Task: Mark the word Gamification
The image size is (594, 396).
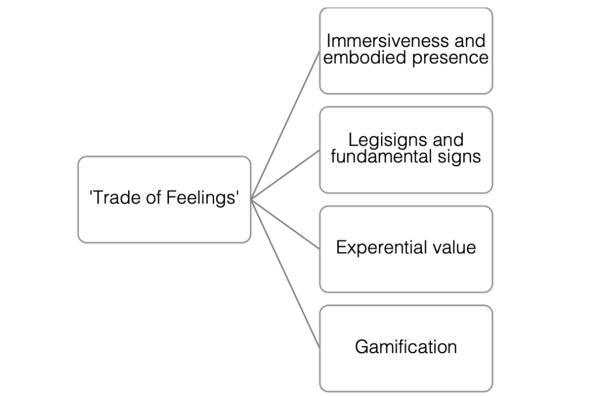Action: (405, 347)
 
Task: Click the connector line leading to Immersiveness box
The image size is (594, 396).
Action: (285, 125)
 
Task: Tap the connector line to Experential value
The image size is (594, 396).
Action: (285, 224)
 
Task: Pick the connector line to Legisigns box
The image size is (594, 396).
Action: (285, 175)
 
